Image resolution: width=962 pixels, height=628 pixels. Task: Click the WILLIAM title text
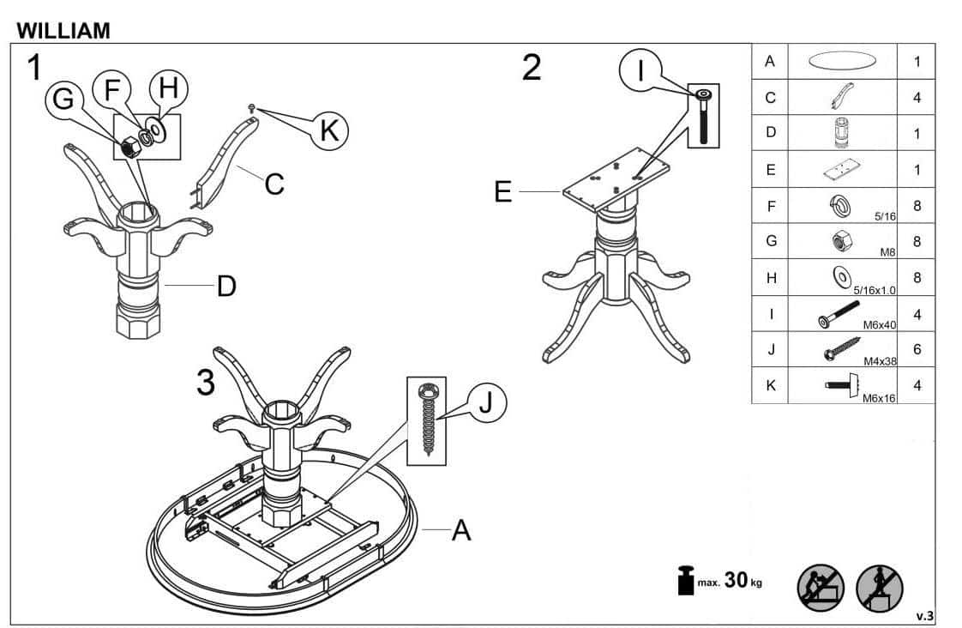click(63, 30)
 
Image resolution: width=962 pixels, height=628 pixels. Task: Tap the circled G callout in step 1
click(63, 99)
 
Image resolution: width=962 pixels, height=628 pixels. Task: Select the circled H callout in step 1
click(168, 88)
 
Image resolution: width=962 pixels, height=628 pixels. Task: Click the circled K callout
click(329, 130)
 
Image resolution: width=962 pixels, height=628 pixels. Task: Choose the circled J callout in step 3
click(486, 403)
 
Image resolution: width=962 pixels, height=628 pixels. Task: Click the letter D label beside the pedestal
click(226, 286)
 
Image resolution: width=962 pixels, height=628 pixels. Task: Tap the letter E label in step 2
click(503, 191)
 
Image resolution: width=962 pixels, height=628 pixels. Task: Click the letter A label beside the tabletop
click(461, 530)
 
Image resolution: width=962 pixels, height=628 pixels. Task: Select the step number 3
click(206, 382)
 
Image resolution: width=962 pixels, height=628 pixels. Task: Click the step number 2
click(532, 68)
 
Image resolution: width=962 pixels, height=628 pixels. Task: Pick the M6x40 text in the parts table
click(879, 325)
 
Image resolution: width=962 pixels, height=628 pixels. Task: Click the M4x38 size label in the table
click(880, 361)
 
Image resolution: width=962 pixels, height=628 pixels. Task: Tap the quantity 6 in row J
click(917, 349)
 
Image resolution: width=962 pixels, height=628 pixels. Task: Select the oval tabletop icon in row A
click(842, 61)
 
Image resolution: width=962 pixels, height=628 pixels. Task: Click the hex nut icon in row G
click(839, 240)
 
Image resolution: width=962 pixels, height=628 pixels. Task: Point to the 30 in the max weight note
click(736, 579)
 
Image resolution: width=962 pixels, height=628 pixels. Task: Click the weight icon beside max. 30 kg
click(685, 579)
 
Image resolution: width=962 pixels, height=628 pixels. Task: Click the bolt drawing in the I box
click(703, 116)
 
